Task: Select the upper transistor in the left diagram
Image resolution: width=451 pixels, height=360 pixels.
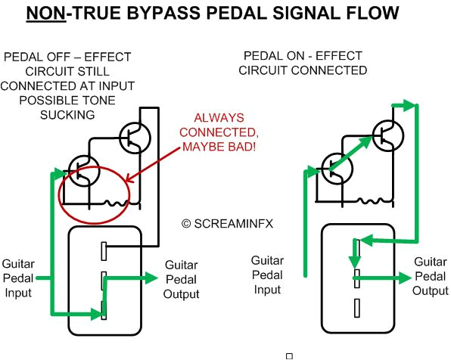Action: click(x=135, y=138)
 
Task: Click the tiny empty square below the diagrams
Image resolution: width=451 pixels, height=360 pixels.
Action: click(x=288, y=355)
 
